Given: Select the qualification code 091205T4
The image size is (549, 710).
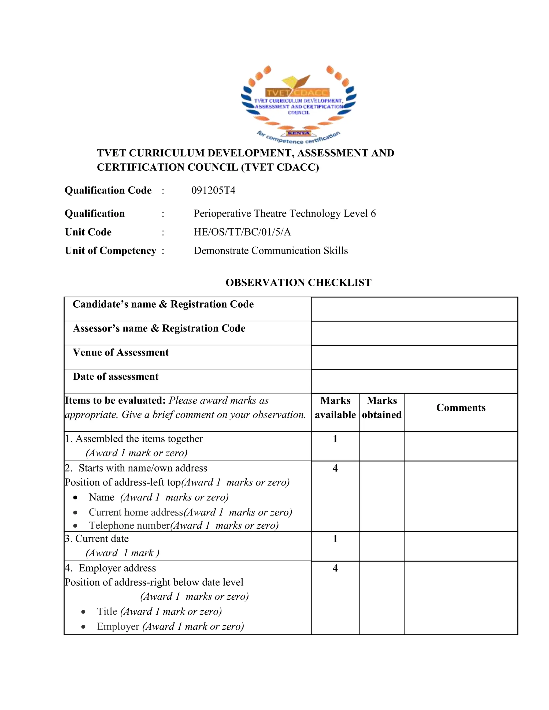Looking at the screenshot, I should click(x=213, y=190).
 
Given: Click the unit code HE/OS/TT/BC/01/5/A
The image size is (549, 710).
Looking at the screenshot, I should click(x=242, y=232).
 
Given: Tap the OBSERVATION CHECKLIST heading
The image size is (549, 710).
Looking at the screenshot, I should click(x=298, y=282).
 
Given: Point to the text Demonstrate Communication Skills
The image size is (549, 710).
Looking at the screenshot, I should click(x=270, y=251).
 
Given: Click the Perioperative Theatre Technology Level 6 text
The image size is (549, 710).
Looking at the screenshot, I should click(x=285, y=214).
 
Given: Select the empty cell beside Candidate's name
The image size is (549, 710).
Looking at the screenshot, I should click(x=414, y=309).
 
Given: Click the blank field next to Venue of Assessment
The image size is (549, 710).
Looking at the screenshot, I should click(x=414, y=357).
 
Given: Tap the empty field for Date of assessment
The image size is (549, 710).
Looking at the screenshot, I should click(x=414, y=381).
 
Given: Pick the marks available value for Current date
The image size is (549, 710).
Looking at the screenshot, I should click(x=335, y=539).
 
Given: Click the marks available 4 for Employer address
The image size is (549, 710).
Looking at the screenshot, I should click(x=335, y=568).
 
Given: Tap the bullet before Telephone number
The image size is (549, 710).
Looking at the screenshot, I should click(x=75, y=526).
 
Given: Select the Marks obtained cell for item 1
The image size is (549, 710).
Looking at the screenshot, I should click(x=381, y=446).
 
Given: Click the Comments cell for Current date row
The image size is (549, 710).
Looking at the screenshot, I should click(x=461, y=546).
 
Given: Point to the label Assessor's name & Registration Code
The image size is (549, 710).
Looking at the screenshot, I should click(x=159, y=328).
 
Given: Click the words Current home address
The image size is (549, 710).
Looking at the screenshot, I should click(x=136, y=512).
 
